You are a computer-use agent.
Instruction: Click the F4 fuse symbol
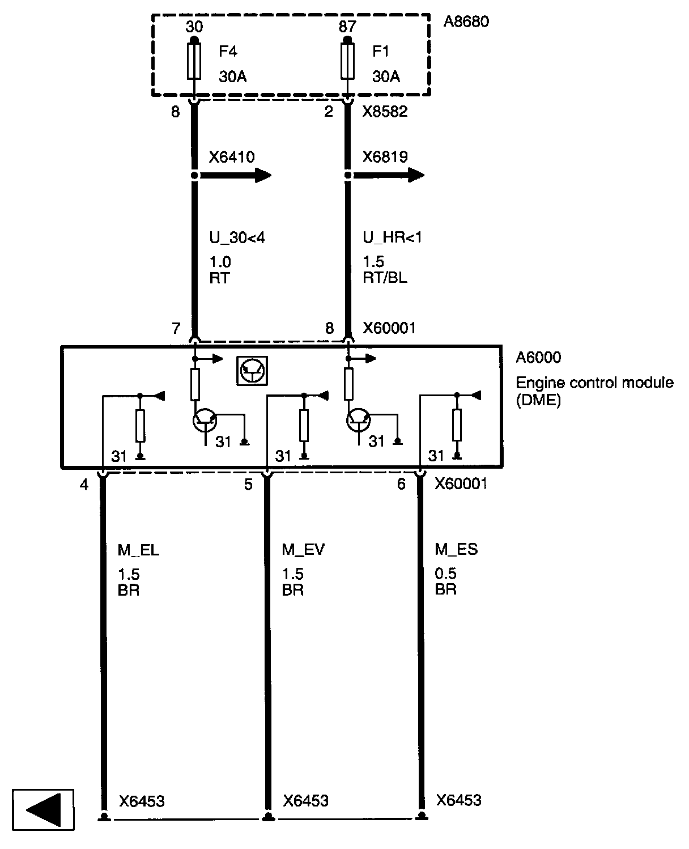point(194,62)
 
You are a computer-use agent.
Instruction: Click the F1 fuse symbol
point(347,62)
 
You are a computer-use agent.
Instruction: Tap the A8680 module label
point(465,22)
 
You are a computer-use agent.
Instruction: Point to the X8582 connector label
point(385,112)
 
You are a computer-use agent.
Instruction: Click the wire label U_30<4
point(237,238)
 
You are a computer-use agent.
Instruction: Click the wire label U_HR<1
point(392,238)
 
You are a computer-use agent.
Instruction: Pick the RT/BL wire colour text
point(385,278)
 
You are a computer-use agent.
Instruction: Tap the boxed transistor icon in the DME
point(252,371)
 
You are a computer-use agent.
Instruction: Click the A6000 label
point(538,357)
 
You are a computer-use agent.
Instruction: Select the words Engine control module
point(594,383)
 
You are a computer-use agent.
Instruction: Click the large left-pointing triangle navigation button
point(43,809)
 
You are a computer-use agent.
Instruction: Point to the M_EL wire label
point(138,549)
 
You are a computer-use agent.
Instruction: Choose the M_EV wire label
point(303,549)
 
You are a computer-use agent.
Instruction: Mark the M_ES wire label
point(456,549)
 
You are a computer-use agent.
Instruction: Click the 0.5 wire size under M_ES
point(445,574)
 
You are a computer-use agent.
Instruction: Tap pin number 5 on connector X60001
point(248,485)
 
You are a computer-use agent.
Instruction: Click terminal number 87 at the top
point(347,27)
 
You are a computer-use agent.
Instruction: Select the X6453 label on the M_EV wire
point(305,801)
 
